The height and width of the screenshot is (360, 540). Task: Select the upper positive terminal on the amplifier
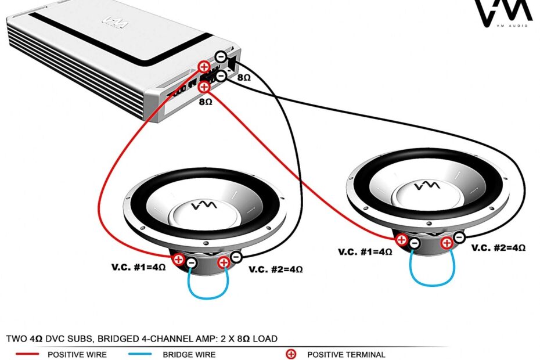204,67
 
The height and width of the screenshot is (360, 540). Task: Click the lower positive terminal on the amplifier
204,87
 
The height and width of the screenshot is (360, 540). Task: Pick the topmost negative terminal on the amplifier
221,57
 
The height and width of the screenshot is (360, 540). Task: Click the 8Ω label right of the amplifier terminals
244,77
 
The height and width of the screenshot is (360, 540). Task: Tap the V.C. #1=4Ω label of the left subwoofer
139,268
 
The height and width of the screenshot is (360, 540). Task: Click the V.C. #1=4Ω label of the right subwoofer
365,252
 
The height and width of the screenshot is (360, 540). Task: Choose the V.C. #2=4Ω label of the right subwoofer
498,247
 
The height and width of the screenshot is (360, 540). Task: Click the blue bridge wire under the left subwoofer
208,295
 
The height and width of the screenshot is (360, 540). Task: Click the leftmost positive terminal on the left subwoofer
179,260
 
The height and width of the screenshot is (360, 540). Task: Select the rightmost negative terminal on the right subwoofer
459,237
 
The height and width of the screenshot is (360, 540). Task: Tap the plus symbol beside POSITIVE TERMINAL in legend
291,354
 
